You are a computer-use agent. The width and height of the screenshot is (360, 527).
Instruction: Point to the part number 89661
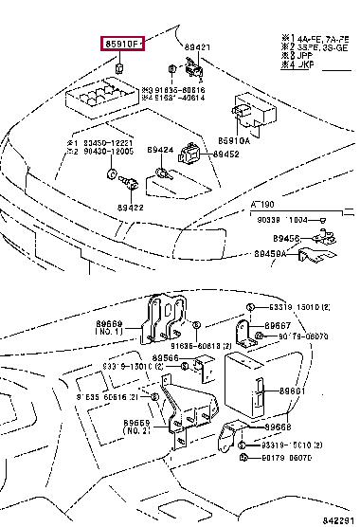293,390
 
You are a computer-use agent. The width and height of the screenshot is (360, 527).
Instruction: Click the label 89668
293,427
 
